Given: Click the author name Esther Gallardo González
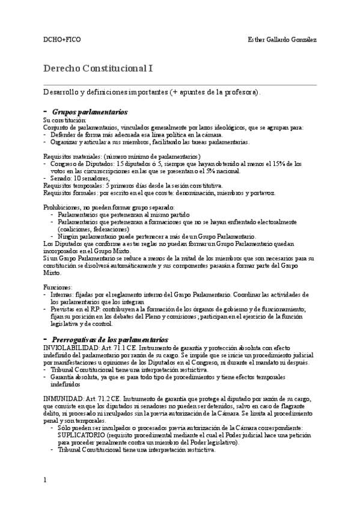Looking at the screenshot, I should tap(282, 40).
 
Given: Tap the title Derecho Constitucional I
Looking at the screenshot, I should tap(99, 69).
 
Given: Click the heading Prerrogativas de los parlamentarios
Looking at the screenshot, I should tap(110, 339).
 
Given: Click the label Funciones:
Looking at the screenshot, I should tap(58, 287).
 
